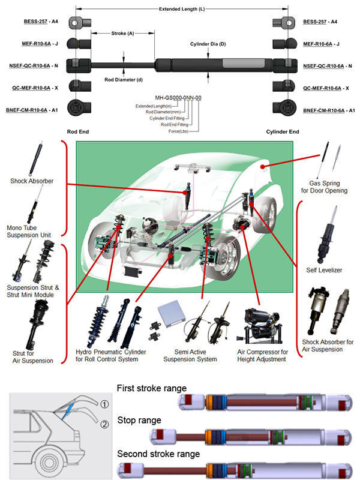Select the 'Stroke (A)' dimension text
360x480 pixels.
[122, 34]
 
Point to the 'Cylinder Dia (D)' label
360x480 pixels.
[208, 44]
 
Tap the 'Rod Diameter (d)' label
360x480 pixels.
[124, 79]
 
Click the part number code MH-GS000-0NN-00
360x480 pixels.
[178, 97]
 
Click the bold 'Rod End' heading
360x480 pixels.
[79, 131]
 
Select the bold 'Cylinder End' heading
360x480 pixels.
[283, 131]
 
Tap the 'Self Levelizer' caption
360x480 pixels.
[324, 270]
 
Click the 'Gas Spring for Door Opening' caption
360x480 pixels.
[328, 187]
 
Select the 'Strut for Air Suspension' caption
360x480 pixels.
[32, 356]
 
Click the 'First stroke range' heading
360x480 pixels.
[151, 388]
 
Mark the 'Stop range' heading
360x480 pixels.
[139, 420]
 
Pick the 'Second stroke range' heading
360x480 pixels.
[158, 453]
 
